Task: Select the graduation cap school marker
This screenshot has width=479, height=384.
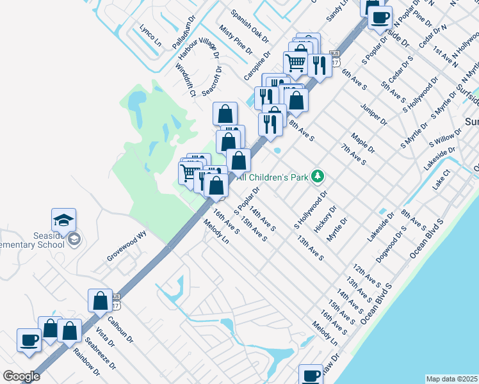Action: tap(64, 220)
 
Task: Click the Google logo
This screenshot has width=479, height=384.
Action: tap(21, 376)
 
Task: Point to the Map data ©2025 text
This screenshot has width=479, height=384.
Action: tap(451, 379)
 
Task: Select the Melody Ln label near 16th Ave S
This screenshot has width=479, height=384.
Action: tap(216, 232)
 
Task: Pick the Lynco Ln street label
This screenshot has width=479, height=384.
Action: tap(150, 35)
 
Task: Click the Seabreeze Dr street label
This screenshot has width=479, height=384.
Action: tap(102, 355)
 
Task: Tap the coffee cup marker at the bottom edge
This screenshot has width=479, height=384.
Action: tap(312, 375)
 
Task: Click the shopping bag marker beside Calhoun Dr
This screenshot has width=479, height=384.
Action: tap(101, 300)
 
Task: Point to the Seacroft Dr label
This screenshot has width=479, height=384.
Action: tap(211, 81)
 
